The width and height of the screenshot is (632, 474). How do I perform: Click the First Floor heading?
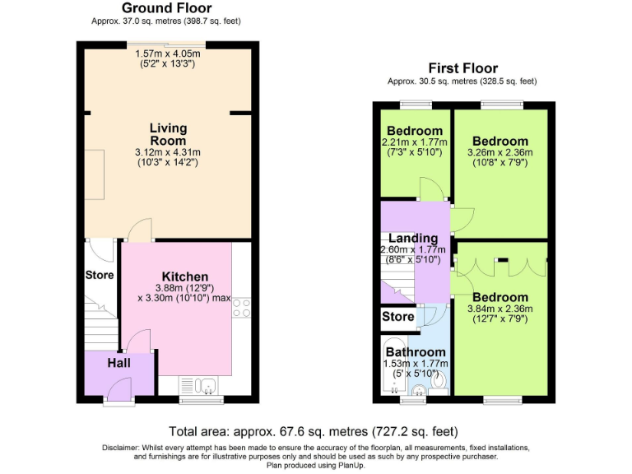click(x=462, y=68)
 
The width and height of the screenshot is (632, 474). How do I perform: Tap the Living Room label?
click(x=168, y=134)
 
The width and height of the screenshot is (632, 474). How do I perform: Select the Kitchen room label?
click(x=184, y=276)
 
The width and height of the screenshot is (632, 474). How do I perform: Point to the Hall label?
click(x=118, y=362)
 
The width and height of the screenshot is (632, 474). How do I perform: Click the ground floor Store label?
click(x=100, y=275)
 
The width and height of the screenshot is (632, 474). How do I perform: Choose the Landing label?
click(x=413, y=239)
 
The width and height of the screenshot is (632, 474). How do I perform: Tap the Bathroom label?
click(x=416, y=352)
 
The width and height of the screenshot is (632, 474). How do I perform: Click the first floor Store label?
click(x=398, y=317)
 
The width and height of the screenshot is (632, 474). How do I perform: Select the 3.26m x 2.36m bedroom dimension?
click(x=500, y=152)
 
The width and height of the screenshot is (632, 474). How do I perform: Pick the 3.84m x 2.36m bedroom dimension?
click(x=500, y=309)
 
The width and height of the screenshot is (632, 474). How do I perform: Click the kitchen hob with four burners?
click(x=243, y=309)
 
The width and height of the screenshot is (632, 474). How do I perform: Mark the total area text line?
click(x=314, y=430)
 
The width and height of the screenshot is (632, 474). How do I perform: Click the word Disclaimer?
click(x=122, y=446)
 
